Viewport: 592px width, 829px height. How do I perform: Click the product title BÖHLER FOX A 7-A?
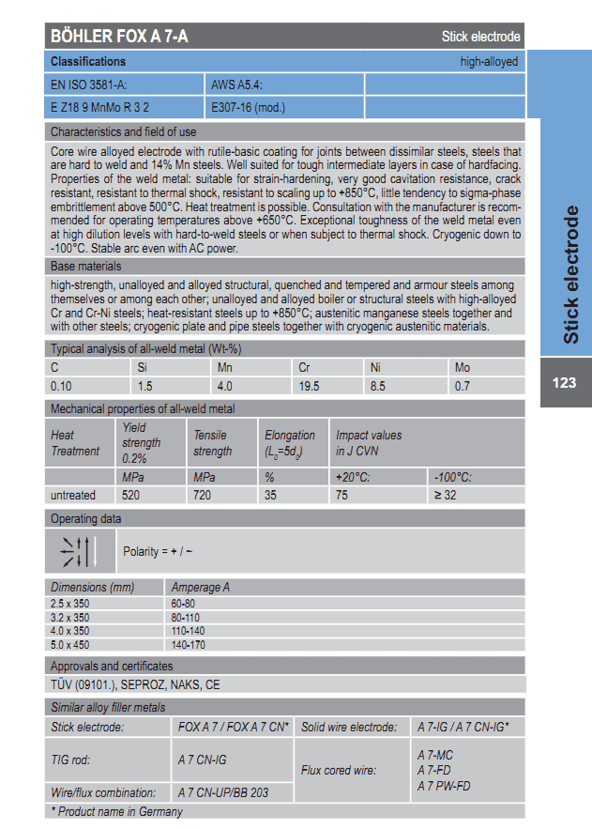(x=119, y=37)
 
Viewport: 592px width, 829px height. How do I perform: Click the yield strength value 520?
(x=131, y=495)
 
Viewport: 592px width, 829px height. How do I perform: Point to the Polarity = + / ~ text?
(x=158, y=551)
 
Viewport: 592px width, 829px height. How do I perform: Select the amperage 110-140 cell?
(x=188, y=633)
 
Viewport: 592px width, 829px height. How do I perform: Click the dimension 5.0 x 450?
(x=70, y=646)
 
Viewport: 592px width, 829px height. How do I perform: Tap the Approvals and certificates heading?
(x=112, y=667)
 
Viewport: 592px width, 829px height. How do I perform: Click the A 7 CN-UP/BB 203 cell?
(x=222, y=792)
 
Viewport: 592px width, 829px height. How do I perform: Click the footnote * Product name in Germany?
(x=116, y=811)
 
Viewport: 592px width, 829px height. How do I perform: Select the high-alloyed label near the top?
(x=489, y=61)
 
